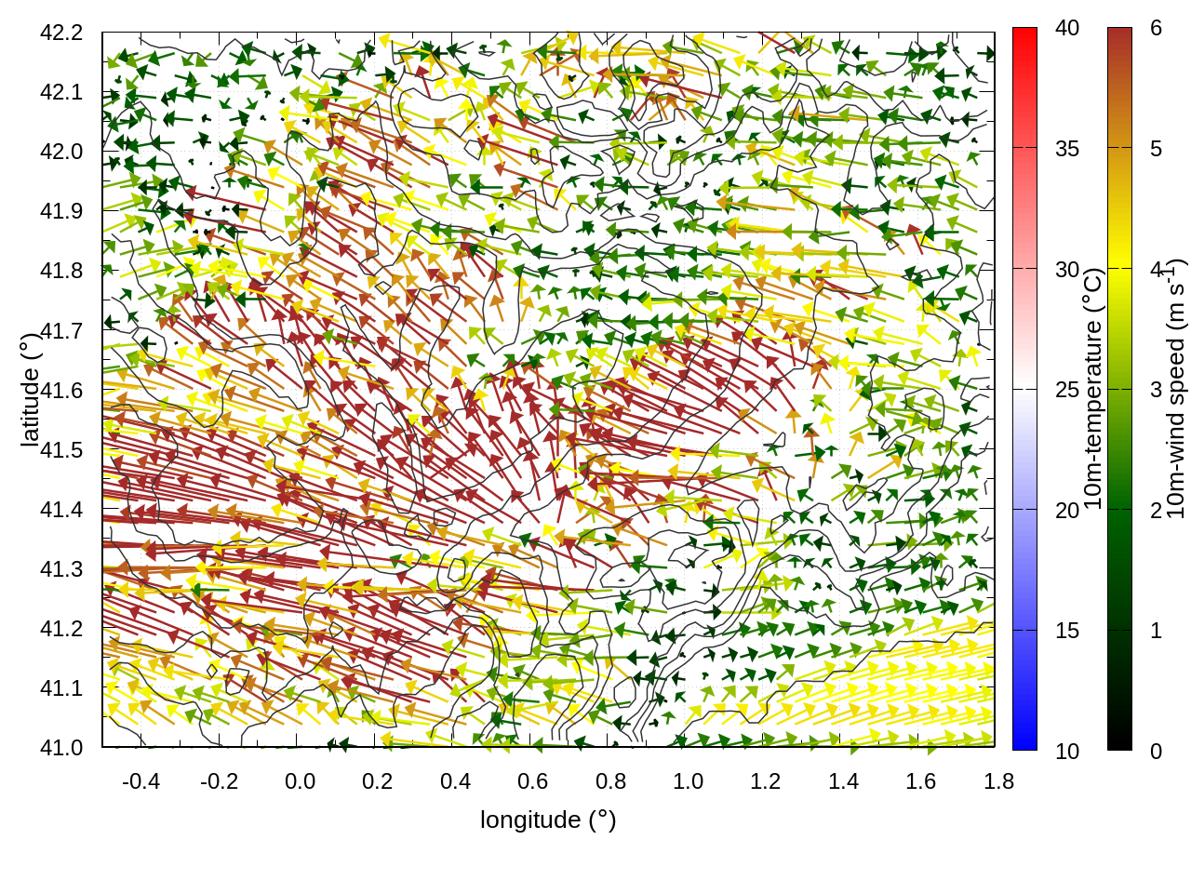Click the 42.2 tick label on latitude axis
[61, 33]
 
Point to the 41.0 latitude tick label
[61, 747]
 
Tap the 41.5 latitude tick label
[61, 449]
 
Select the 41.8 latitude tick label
[61, 271]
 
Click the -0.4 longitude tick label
[141, 781]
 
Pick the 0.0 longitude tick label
[300, 781]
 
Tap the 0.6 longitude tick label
[533, 781]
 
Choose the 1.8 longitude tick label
[999, 781]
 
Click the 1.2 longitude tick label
[766, 781]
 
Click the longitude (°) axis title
[548, 820]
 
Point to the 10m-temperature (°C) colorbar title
[1093, 389]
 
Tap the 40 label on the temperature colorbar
[1067, 29]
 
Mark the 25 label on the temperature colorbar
[1067, 389]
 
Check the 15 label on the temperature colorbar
[1067, 631]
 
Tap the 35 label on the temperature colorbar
[1067, 149]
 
